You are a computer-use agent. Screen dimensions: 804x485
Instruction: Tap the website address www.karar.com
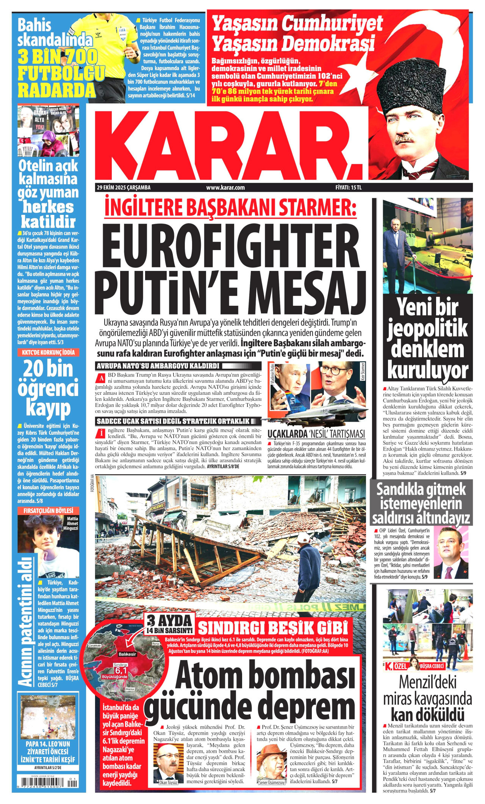point(225,187)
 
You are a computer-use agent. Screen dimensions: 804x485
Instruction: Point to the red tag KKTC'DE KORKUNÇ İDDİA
point(48,352)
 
